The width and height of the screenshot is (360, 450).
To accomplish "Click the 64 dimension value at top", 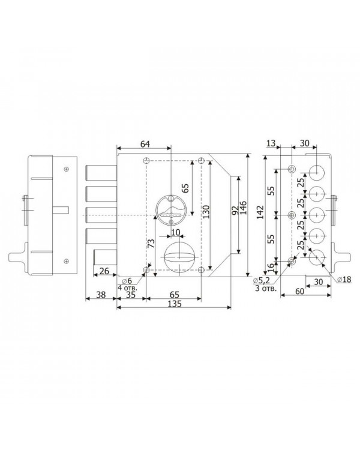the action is [145, 144].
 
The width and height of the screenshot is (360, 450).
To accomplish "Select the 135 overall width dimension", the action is [175, 304].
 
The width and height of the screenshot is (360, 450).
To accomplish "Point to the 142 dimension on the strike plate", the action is [260, 212].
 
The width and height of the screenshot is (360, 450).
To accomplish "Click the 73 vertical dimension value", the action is [151, 244].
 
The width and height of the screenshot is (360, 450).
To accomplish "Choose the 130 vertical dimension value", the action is [206, 212].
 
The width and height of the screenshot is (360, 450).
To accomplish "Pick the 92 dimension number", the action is [235, 211].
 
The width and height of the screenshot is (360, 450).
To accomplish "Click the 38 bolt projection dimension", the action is [101, 295].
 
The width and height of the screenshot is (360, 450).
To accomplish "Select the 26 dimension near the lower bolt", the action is [104, 271].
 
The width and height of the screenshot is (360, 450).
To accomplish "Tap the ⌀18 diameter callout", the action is [344, 279].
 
